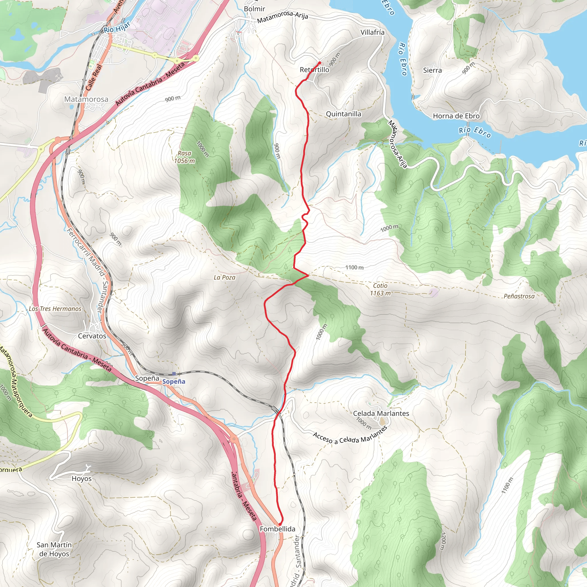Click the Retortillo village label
click(x=314, y=70)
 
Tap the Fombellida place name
click(x=277, y=529)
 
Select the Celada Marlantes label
click(x=381, y=414)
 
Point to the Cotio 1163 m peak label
click(x=380, y=289)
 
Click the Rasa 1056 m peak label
click(x=184, y=157)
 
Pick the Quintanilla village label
click(x=344, y=114)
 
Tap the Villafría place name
click(x=372, y=32)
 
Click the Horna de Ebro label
click(x=456, y=116)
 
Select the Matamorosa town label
click(x=86, y=99)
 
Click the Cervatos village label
click(x=92, y=336)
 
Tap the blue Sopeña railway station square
click(x=174, y=374)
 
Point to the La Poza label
click(x=224, y=277)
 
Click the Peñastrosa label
click(x=519, y=296)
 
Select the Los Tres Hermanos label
click(x=55, y=309)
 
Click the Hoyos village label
click(x=81, y=479)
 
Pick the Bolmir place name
click(x=254, y=9)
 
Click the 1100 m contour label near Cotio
click(x=354, y=267)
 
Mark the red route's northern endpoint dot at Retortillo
click(x=319, y=63)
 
